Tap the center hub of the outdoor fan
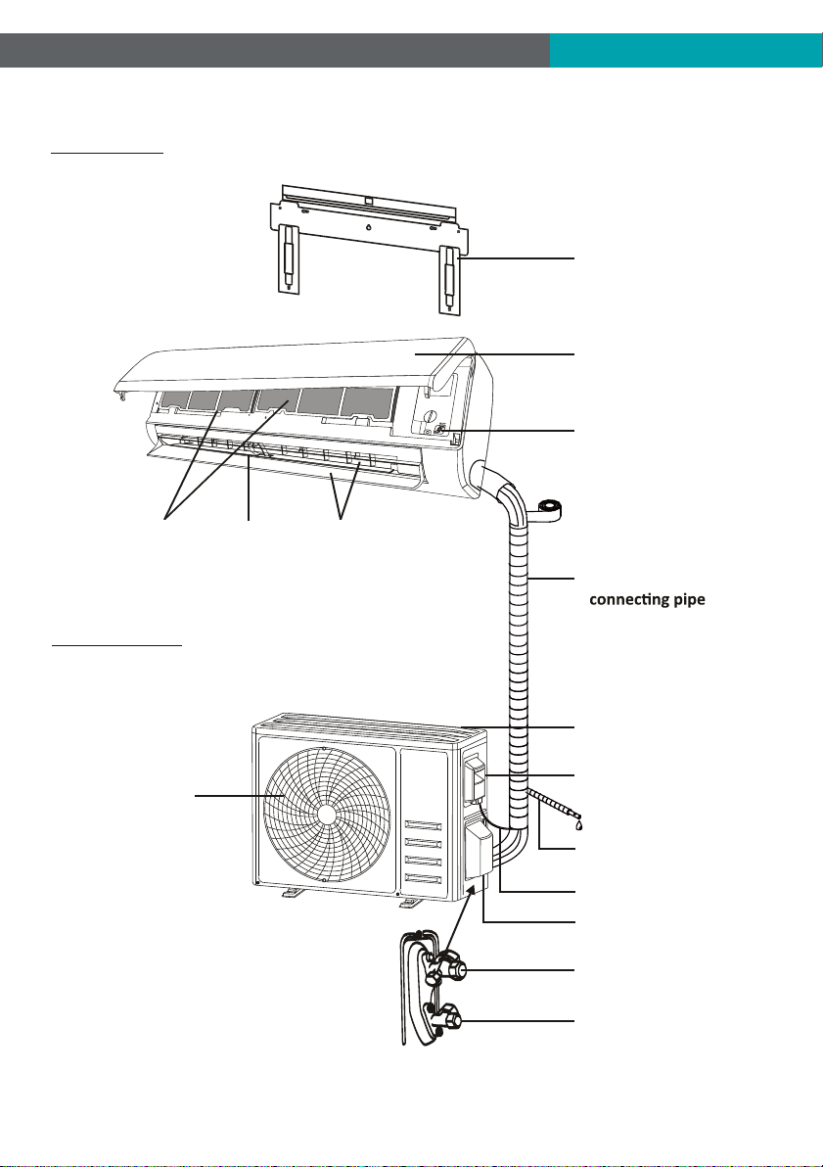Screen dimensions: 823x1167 (327, 815)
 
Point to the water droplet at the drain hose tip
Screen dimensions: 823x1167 (578, 824)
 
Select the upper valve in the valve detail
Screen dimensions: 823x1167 (450, 967)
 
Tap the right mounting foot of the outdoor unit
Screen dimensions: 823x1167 (411, 902)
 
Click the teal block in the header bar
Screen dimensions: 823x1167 (686, 50)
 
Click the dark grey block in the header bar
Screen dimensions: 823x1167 (275, 50)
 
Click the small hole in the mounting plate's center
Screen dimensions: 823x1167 (368, 228)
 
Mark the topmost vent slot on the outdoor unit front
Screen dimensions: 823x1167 (424, 824)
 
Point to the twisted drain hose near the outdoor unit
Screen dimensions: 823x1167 (553, 807)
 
